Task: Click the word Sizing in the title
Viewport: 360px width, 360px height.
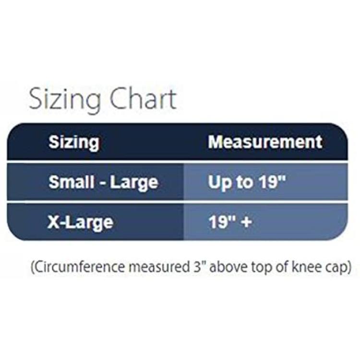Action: (65, 100)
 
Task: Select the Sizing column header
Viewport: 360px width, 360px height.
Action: (74, 143)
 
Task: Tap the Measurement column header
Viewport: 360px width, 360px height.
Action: (265, 142)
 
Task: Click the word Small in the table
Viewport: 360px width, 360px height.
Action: (72, 182)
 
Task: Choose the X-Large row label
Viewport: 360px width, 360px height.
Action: (80, 223)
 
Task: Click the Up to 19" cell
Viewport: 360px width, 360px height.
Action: (247, 182)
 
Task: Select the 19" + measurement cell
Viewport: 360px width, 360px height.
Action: (230, 222)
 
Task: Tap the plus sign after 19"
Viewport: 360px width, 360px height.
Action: (247, 222)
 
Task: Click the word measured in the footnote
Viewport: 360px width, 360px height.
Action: (160, 267)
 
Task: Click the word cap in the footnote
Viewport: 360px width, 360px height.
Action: (339, 268)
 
